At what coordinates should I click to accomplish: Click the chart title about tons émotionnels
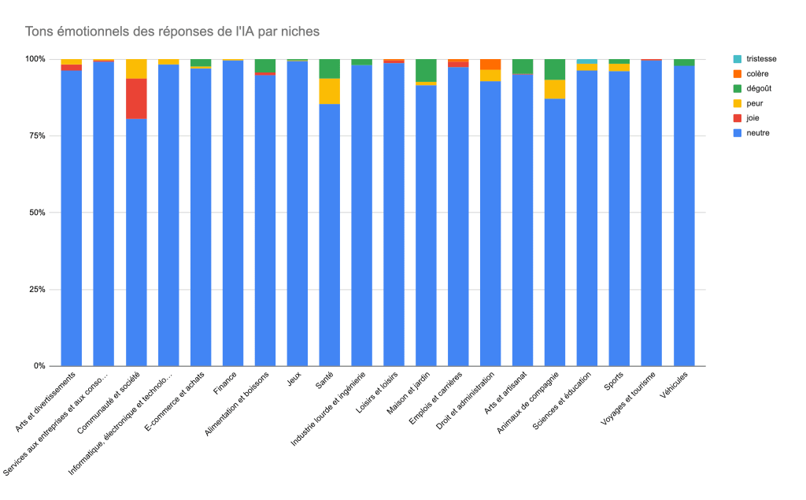click(x=172, y=31)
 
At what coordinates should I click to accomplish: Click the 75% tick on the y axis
click(x=36, y=136)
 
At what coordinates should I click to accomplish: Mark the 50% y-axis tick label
click(x=36, y=213)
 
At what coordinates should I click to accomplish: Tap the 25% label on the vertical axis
click(x=36, y=290)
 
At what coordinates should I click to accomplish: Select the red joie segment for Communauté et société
click(x=136, y=98)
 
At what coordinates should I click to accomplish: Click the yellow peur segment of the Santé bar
click(x=330, y=91)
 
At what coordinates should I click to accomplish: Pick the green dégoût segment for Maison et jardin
click(x=427, y=70)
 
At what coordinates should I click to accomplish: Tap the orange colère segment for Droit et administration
click(x=491, y=65)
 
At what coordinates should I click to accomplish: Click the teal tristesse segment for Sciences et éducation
click(x=587, y=61)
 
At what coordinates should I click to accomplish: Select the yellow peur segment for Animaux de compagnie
click(x=555, y=89)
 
